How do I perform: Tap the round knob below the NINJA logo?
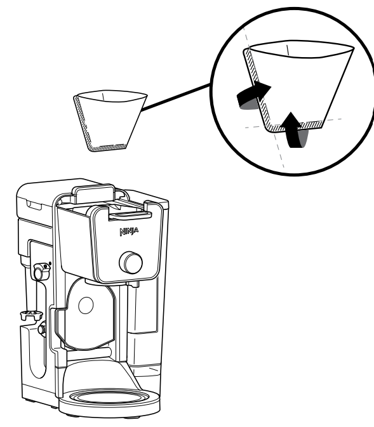[x=131, y=261]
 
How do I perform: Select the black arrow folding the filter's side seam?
[x=249, y=95]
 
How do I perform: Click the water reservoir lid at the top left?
[x=35, y=190]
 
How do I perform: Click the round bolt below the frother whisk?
[x=41, y=329]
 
